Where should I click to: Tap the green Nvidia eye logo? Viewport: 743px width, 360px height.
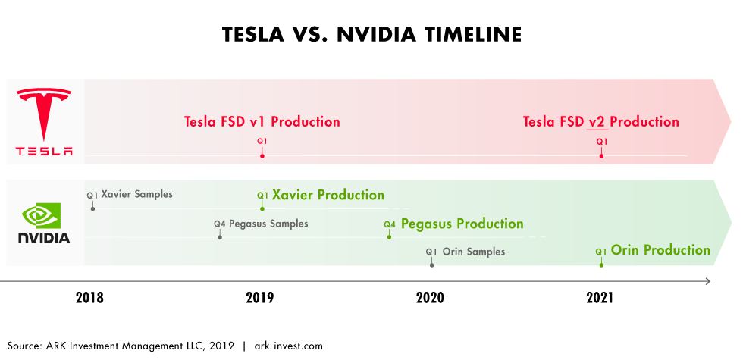(x=41, y=216)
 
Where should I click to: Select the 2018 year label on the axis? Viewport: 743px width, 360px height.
(x=89, y=297)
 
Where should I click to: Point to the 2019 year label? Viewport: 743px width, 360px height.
(x=259, y=297)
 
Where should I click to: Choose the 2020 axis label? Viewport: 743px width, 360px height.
(x=430, y=297)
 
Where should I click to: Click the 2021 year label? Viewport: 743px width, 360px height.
(x=600, y=297)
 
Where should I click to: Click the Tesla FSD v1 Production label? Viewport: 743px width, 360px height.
(x=262, y=122)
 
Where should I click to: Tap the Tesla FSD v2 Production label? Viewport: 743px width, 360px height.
(x=600, y=122)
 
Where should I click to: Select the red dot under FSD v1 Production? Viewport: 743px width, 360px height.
(x=262, y=156)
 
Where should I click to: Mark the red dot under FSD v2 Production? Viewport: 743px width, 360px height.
(x=601, y=156)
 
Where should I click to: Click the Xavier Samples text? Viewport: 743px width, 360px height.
(x=137, y=194)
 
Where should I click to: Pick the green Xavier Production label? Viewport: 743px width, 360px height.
(x=328, y=195)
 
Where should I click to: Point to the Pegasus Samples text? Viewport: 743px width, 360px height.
(x=268, y=224)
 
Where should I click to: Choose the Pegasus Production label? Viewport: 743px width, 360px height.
(x=462, y=224)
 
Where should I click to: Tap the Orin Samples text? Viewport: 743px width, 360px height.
(x=474, y=252)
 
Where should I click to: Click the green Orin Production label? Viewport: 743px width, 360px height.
(x=660, y=249)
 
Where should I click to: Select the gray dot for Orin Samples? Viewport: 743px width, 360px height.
(x=431, y=265)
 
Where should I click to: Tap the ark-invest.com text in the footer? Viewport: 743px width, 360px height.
(x=289, y=346)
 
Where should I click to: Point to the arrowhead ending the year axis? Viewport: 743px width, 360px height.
(x=708, y=281)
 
